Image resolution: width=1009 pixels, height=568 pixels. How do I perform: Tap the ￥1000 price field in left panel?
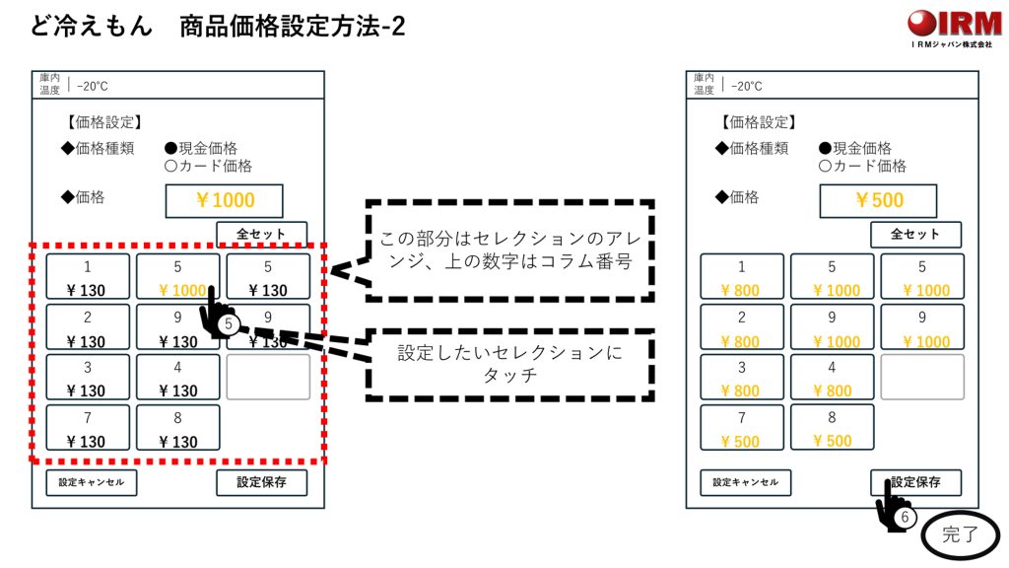click(224, 200)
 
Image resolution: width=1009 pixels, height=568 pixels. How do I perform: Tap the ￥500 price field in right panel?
click(878, 200)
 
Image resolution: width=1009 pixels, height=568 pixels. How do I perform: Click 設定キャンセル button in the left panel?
click(91, 482)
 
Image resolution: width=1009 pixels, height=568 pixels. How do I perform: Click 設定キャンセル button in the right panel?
click(745, 482)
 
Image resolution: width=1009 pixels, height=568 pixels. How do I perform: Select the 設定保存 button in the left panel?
click(261, 482)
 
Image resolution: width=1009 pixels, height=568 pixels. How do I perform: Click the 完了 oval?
click(960, 536)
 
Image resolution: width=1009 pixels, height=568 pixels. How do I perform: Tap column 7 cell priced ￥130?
click(87, 428)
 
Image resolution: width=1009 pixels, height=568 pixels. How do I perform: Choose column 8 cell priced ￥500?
click(832, 428)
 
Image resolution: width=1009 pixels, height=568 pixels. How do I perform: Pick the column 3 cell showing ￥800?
click(741, 378)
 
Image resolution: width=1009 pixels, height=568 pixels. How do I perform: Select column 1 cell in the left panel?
click(87, 277)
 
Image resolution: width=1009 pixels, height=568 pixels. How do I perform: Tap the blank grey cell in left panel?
click(268, 377)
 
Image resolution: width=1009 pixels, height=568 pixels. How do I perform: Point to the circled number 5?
click(228, 322)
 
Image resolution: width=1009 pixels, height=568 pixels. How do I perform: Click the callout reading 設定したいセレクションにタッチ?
click(509, 364)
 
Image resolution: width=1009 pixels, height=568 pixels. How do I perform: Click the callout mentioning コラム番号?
click(509, 250)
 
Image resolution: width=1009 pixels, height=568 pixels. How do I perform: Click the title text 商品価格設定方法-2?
click(293, 27)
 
